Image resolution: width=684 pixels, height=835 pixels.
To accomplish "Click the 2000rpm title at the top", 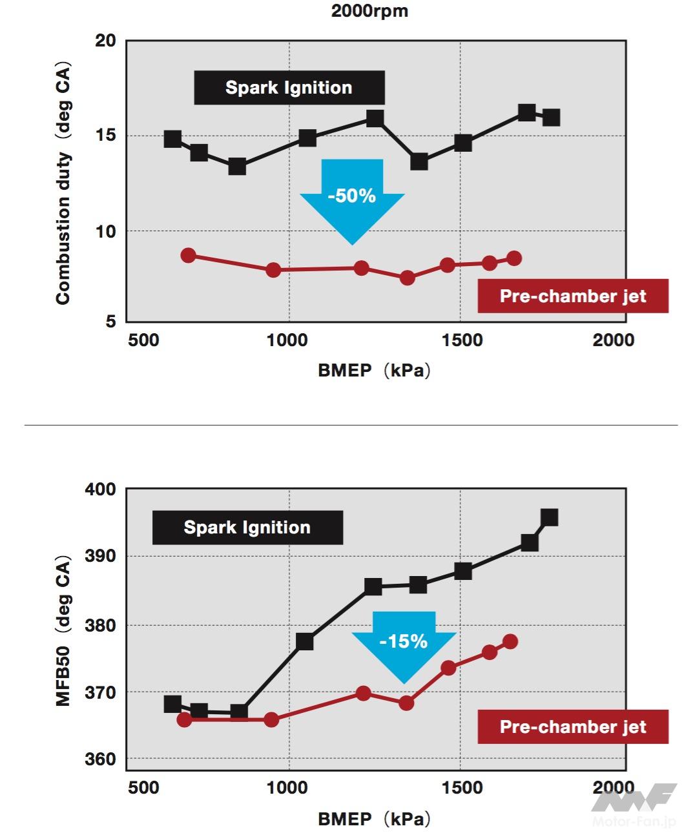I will tap(369, 11).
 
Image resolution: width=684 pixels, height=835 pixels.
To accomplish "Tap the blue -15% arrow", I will tap(404, 643).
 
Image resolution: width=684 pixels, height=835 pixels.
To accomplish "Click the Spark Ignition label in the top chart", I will tap(289, 88).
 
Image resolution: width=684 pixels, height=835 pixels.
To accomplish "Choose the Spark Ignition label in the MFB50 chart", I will tap(247, 528).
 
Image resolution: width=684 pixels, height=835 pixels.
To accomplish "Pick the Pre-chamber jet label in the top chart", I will tap(573, 296).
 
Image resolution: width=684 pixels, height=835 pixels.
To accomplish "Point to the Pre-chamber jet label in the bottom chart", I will tap(573, 727).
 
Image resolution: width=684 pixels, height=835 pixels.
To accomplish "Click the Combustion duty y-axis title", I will tap(63, 184).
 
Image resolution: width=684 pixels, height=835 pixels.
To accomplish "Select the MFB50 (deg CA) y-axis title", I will tap(63, 630).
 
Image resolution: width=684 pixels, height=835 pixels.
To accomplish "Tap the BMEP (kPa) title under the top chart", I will tap(374, 371).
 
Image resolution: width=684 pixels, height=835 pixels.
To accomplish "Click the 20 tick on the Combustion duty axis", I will tap(105, 41).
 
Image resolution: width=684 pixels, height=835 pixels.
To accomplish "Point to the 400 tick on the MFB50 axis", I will tap(101, 490).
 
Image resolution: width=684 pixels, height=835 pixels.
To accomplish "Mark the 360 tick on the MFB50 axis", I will tap(101, 759).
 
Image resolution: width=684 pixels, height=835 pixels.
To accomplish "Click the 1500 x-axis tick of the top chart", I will tap(462, 340).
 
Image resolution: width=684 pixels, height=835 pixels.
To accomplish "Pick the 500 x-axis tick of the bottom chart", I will tap(143, 788).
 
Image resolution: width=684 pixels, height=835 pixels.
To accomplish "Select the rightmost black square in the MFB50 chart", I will tap(549, 517).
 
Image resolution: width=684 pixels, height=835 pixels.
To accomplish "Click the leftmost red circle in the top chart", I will tap(188, 255).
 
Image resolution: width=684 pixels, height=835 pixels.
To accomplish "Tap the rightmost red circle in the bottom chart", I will tap(510, 641).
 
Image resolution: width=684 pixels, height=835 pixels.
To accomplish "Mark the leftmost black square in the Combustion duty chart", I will tap(172, 139).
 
